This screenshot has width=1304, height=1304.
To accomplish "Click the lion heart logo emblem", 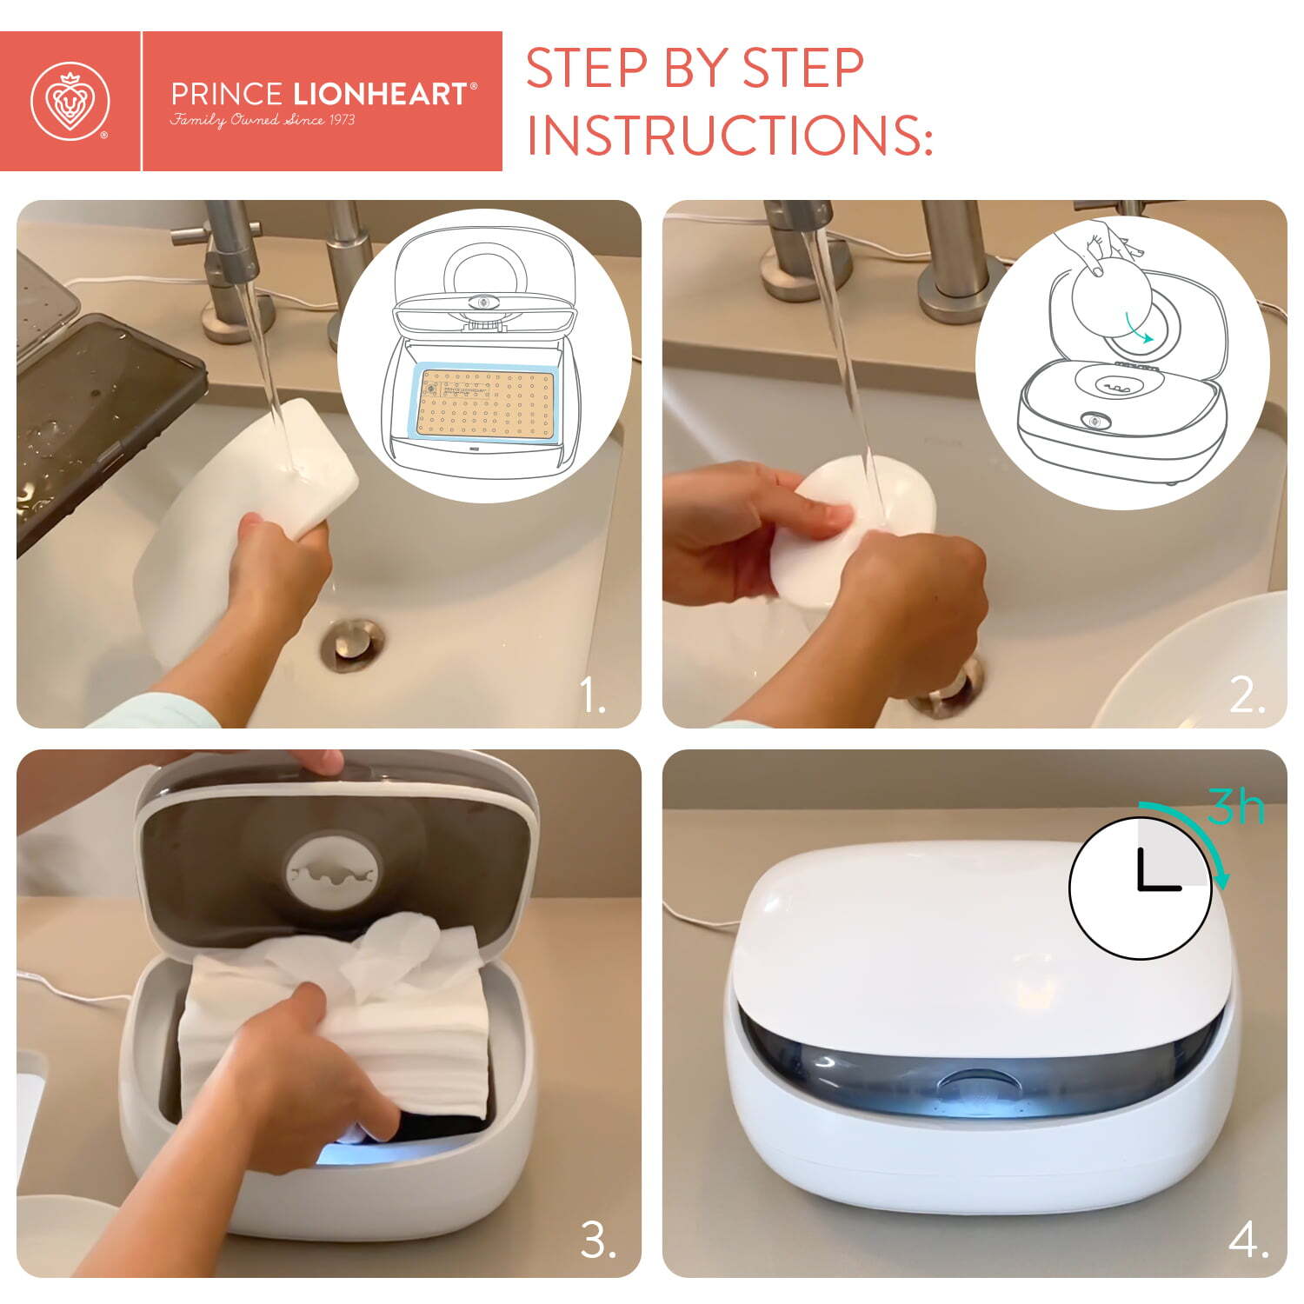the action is click(70, 101).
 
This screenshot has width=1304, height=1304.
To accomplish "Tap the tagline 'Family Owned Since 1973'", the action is click(263, 119).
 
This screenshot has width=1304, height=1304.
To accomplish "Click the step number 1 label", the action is click(594, 696).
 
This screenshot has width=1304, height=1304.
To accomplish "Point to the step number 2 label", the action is click(1247, 696).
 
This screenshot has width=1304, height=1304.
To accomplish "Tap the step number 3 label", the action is click(598, 1241).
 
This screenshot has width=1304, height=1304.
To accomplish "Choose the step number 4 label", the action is click(1248, 1241).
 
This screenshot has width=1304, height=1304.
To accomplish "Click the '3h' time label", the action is click(1236, 807).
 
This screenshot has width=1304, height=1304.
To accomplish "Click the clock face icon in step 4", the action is click(1140, 888).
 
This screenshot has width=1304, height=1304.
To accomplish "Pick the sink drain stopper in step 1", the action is click(352, 644).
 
